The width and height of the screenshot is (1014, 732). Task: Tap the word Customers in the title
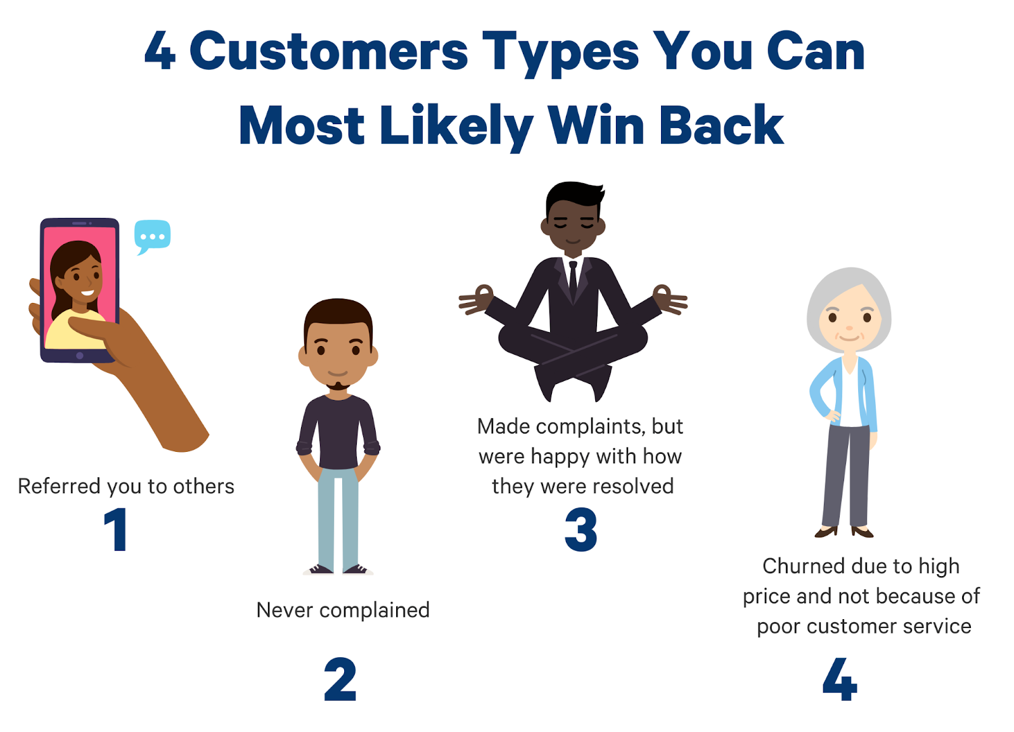click(x=329, y=51)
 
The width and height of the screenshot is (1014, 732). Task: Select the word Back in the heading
click(x=722, y=124)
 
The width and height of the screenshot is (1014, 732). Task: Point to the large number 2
click(x=340, y=679)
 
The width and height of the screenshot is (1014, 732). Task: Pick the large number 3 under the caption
click(x=581, y=529)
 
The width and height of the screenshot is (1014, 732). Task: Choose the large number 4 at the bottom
click(x=840, y=679)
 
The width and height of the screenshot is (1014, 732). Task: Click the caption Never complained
click(x=343, y=610)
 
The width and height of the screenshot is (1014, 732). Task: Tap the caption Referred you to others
click(x=126, y=487)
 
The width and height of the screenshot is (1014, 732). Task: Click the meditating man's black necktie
click(x=573, y=281)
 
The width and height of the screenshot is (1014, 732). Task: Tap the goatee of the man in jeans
click(x=338, y=386)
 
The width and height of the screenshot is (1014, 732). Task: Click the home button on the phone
click(x=80, y=356)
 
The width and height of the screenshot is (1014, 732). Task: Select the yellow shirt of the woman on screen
click(x=75, y=330)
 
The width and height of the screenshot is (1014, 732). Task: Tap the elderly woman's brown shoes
click(x=844, y=532)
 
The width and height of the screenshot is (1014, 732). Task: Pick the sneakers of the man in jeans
click(x=338, y=570)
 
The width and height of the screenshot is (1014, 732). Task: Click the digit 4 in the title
click(x=160, y=51)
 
